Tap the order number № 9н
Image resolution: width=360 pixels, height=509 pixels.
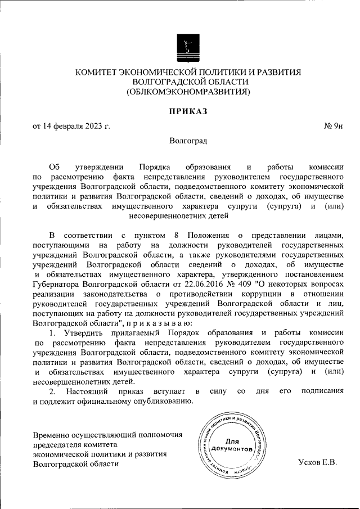click(333, 125)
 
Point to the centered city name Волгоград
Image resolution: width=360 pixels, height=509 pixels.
click(188, 142)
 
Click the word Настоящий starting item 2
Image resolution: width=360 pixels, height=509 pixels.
click(89, 390)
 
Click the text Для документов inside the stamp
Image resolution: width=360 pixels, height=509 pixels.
click(230, 446)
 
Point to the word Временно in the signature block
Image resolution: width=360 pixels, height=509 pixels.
click(52, 435)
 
